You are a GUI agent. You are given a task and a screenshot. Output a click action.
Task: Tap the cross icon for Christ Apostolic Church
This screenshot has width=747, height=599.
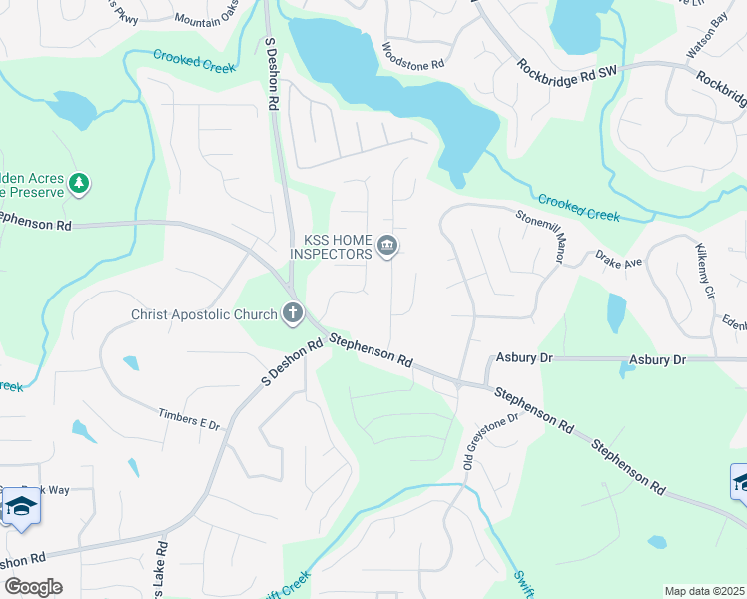click(293, 314)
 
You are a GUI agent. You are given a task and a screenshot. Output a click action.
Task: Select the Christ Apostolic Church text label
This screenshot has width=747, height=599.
click(204, 315)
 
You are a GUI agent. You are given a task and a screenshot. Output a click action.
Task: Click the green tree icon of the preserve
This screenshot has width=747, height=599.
click(78, 184)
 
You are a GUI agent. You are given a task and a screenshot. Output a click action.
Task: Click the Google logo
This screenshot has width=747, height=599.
click(32, 587)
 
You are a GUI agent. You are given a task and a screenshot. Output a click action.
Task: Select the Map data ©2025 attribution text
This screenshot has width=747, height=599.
click(704, 591)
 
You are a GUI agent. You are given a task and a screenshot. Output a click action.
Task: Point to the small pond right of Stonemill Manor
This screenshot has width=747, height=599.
click(616, 313)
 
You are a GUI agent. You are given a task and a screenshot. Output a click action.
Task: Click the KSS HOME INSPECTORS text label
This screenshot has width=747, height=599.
click(331, 247)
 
